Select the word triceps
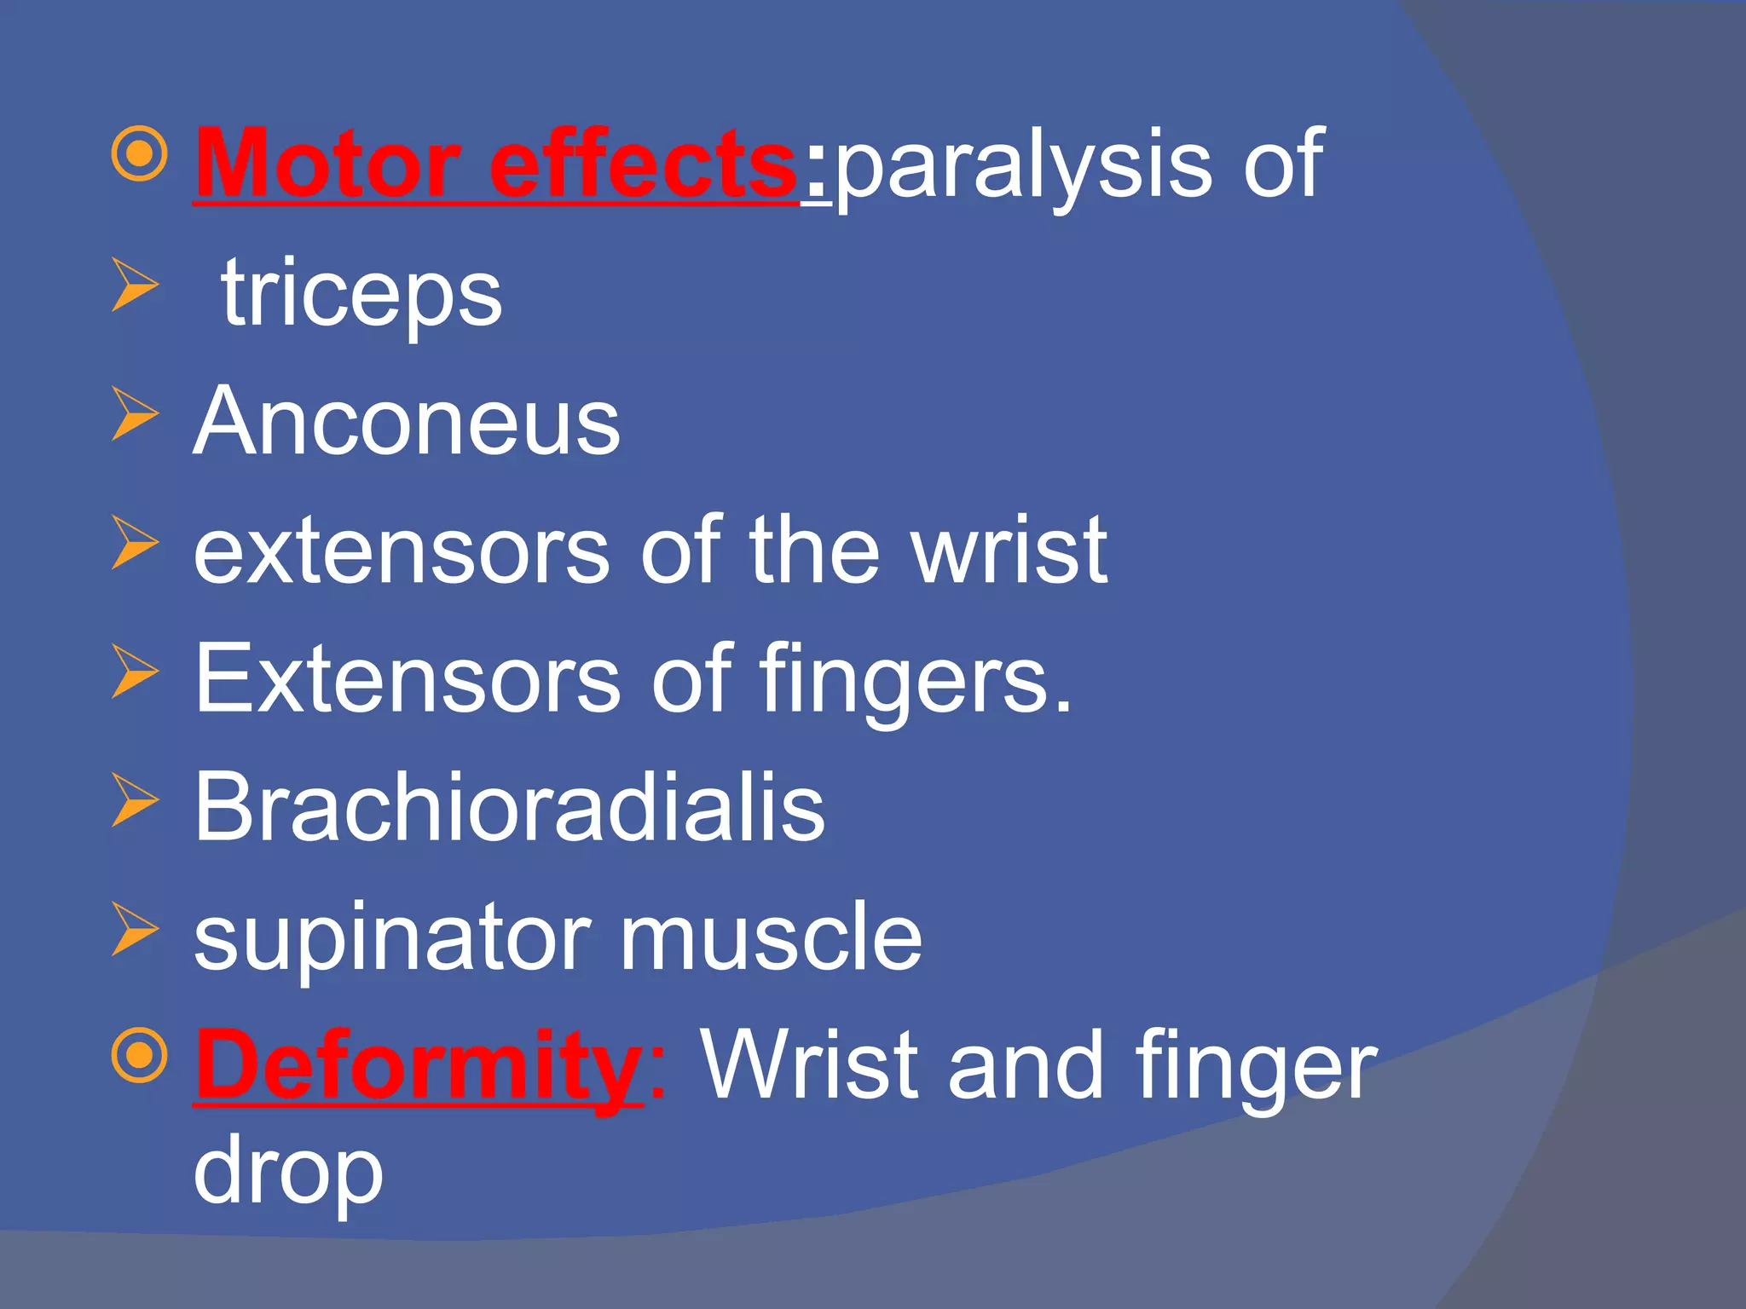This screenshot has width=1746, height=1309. (x=361, y=295)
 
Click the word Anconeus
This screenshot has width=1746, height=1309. (x=408, y=422)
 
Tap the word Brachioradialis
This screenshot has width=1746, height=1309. (x=510, y=807)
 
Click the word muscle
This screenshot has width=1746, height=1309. (x=771, y=937)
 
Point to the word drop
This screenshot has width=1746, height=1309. (x=288, y=1173)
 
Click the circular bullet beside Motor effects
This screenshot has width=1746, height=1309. (x=138, y=154)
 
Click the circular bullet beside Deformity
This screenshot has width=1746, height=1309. (x=138, y=1056)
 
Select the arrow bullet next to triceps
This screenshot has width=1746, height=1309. (x=135, y=286)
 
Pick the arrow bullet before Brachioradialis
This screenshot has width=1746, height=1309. (x=135, y=800)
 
